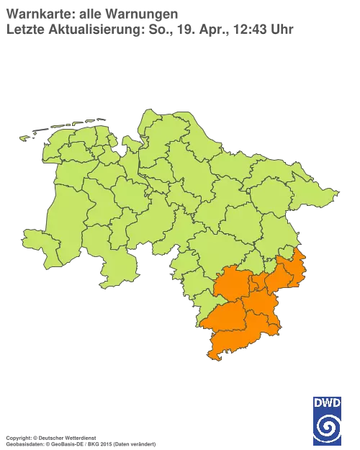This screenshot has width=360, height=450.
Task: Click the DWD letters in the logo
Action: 327,402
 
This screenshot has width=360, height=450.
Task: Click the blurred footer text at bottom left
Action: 79,438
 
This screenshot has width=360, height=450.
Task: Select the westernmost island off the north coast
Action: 29,136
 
